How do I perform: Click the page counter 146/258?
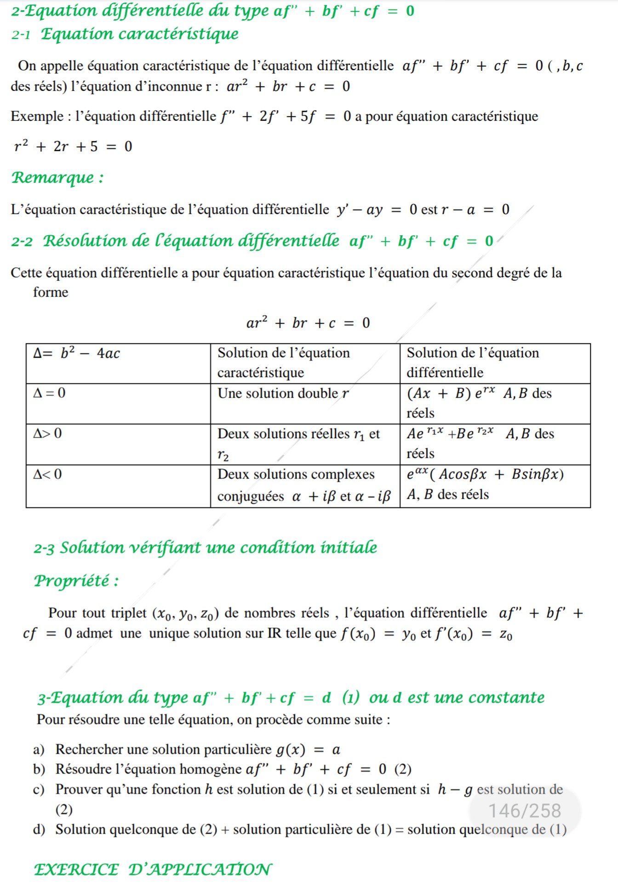[x=525, y=811]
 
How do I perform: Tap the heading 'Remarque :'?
[x=57, y=178]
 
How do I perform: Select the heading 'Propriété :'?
[x=76, y=581]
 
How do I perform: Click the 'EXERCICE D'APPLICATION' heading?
[x=153, y=869]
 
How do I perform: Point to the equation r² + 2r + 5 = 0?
[x=73, y=147]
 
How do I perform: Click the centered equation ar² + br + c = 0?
[x=308, y=323]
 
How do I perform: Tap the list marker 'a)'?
[x=39, y=750]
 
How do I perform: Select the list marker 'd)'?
[x=39, y=830]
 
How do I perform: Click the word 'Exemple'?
[x=37, y=116]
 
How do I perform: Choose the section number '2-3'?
[x=44, y=548]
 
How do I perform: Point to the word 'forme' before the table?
[x=51, y=292]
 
